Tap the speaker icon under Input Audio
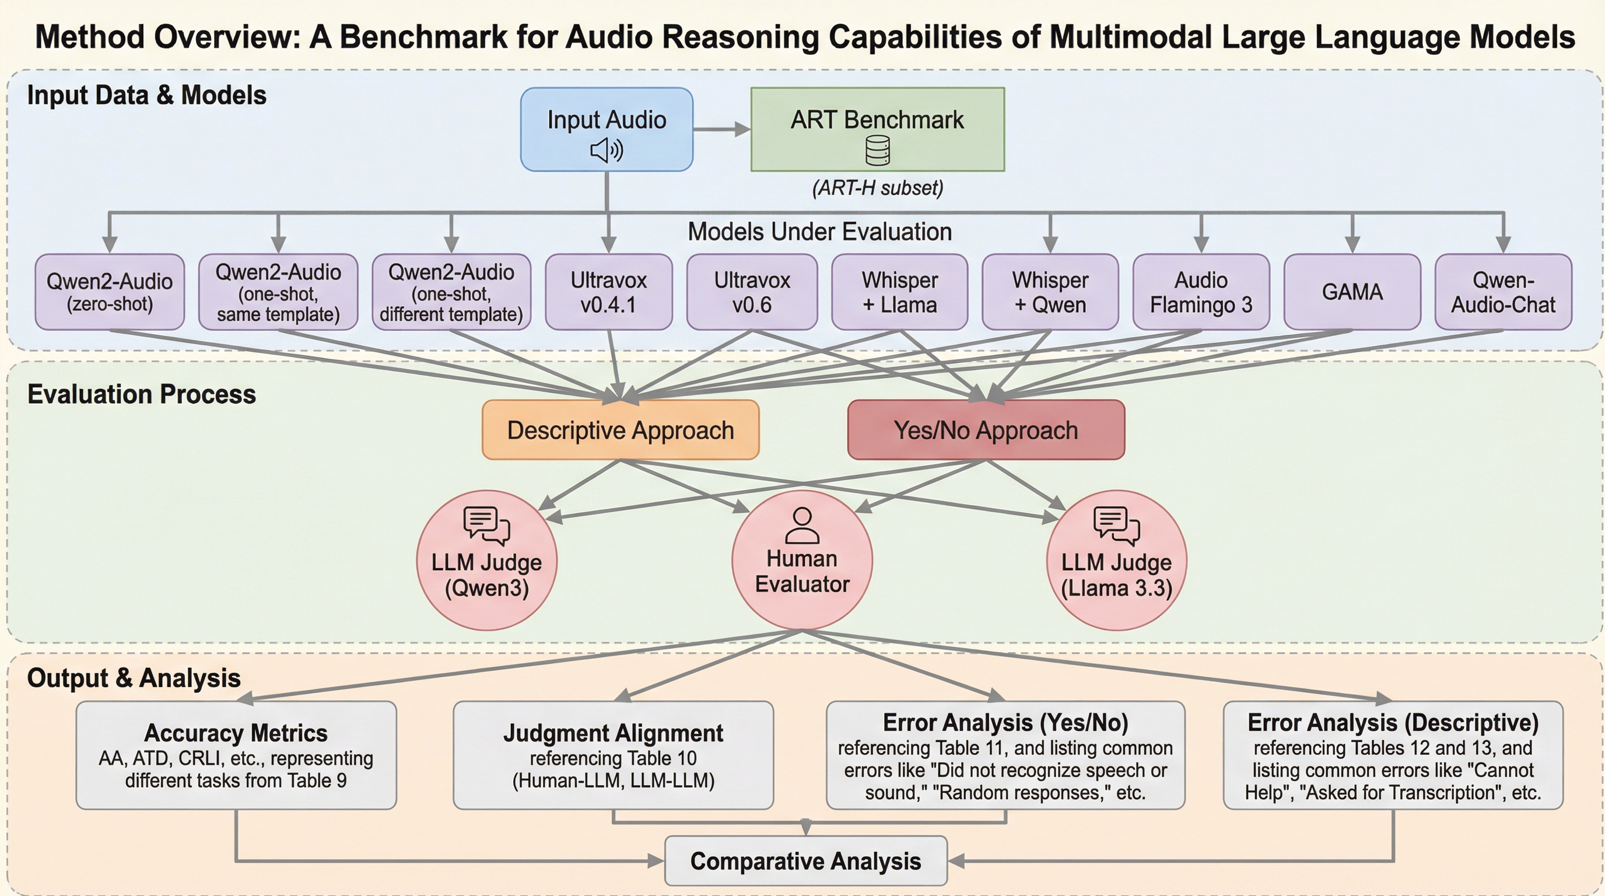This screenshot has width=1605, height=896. pyautogui.click(x=606, y=150)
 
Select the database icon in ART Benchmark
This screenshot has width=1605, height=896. pyautogui.click(x=877, y=150)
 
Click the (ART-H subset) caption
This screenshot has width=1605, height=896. pyautogui.click(x=877, y=188)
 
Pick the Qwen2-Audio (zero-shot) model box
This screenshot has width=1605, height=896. pyautogui.click(x=110, y=292)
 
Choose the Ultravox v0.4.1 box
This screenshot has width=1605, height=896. pyautogui.click(x=609, y=292)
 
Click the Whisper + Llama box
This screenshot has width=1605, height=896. pyautogui.click(x=899, y=292)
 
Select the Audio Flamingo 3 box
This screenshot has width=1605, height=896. pyautogui.click(x=1201, y=292)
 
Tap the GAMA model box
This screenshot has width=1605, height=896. pyautogui.click(x=1352, y=292)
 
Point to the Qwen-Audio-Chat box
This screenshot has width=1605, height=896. pyautogui.click(x=1503, y=292)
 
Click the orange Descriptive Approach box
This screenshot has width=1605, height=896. pyautogui.click(x=621, y=430)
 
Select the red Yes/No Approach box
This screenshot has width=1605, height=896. pyautogui.click(x=986, y=430)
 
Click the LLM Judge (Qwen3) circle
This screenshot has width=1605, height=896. pyautogui.click(x=486, y=561)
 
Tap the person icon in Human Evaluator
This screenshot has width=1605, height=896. pyautogui.click(x=802, y=525)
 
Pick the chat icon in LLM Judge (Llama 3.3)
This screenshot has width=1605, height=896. pyautogui.click(x=1116, y=524)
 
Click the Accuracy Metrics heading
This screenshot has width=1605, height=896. pyautogui.click(x=236, y=733)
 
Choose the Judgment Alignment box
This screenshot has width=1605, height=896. pyautogui.click(x=613, y=755)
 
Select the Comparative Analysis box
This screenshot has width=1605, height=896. pyautogui.click(x=805, y=861)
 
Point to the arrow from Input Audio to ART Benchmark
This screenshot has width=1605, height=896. pyautogui.click(x=721, y=129)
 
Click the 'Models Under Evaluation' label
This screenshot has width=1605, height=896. pyautogui.click(x=819, y=232)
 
